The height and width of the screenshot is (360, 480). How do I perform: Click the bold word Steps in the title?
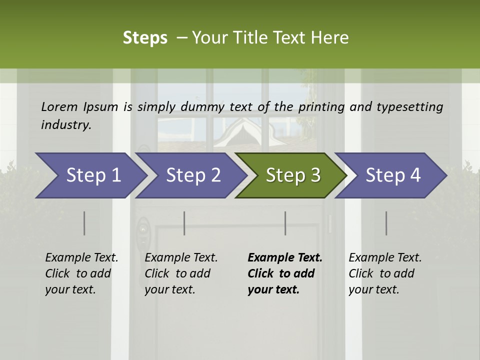pyautogui.click(x=145, y=37)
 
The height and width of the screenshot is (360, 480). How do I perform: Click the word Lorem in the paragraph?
pyautogui.click(x=59, y=106)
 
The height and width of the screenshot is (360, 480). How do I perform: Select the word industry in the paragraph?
pyautogui.click(x=66, y=124)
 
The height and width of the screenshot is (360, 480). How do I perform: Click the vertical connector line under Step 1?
pyautogui.click(x=84, y=223)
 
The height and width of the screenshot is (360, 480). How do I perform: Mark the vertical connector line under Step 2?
pyautogui.click(x=184, y=223)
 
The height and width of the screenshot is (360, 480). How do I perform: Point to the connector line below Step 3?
pyautogui.click(x=285, y=223)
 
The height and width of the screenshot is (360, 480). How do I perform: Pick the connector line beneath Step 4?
pyautogui.click(x=386, y=223)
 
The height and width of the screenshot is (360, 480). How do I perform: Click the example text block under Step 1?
pyautogui.click(x=81, y=273)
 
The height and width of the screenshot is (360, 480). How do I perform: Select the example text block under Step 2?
pyautogui.click(x=181, y=273)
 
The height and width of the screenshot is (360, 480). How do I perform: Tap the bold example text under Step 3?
pyautogui.click(x=284, y=273)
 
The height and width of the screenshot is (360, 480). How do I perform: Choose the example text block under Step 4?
pyautogui.click(x=385, y=273)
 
